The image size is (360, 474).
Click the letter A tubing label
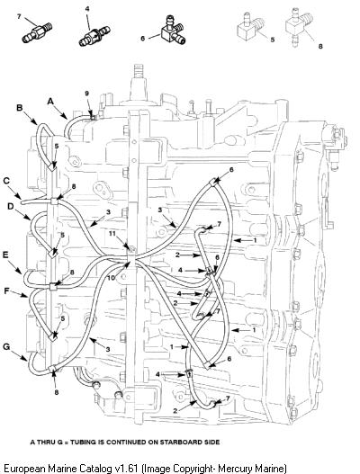[50, 102]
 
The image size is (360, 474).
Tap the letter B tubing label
[20, 108]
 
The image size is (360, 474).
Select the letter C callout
[6, 181]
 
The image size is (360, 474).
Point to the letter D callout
[10, 206]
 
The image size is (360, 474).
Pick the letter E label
[5, 255]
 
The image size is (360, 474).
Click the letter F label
[7, 291]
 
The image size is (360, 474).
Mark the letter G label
[6, 346]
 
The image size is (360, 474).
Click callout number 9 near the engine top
[86, 94]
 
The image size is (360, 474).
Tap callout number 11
[112, 234]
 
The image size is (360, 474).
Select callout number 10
[112, 277]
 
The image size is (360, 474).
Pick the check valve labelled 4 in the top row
[94, 36]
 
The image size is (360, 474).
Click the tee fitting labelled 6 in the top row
[173, 31]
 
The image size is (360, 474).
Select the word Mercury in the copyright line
[235, 469]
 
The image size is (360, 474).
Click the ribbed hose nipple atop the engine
[139, 71]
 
